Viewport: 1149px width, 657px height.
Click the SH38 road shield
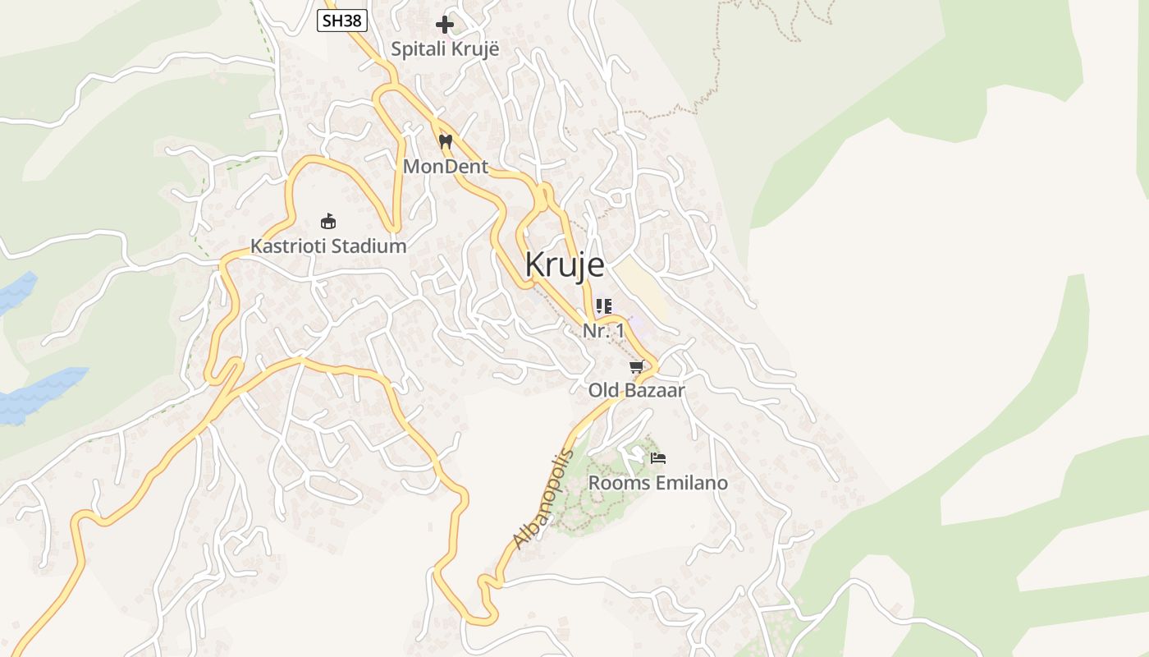341,21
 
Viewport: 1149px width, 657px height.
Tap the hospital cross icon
445,25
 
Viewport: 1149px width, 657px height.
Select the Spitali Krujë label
445,49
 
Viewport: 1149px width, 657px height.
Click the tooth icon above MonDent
446,141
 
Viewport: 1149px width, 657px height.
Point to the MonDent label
446,167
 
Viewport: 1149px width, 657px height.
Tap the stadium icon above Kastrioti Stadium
328,221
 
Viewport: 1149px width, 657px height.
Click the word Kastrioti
289,246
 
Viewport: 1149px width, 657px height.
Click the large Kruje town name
565,264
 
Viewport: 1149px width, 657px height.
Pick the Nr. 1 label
603,331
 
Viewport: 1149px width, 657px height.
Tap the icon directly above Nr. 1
604,306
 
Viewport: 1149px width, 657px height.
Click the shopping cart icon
636,366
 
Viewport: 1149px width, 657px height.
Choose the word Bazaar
655,391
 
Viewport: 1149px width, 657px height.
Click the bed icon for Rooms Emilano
657,458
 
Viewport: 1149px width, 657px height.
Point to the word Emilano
691,483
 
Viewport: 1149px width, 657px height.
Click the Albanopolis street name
542,499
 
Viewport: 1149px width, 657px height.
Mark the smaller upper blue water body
15,292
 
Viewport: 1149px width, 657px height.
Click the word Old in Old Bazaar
603,391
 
